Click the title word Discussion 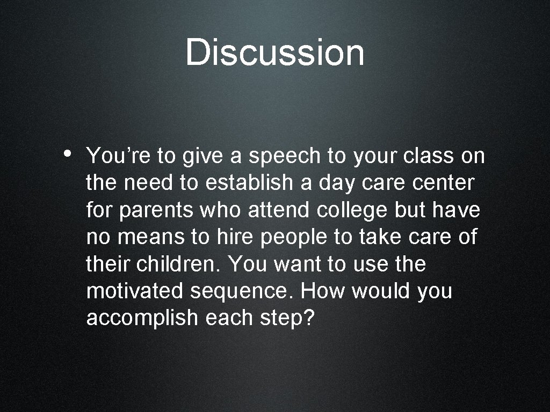[x=274, y=53]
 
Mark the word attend [x=279, y=210]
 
